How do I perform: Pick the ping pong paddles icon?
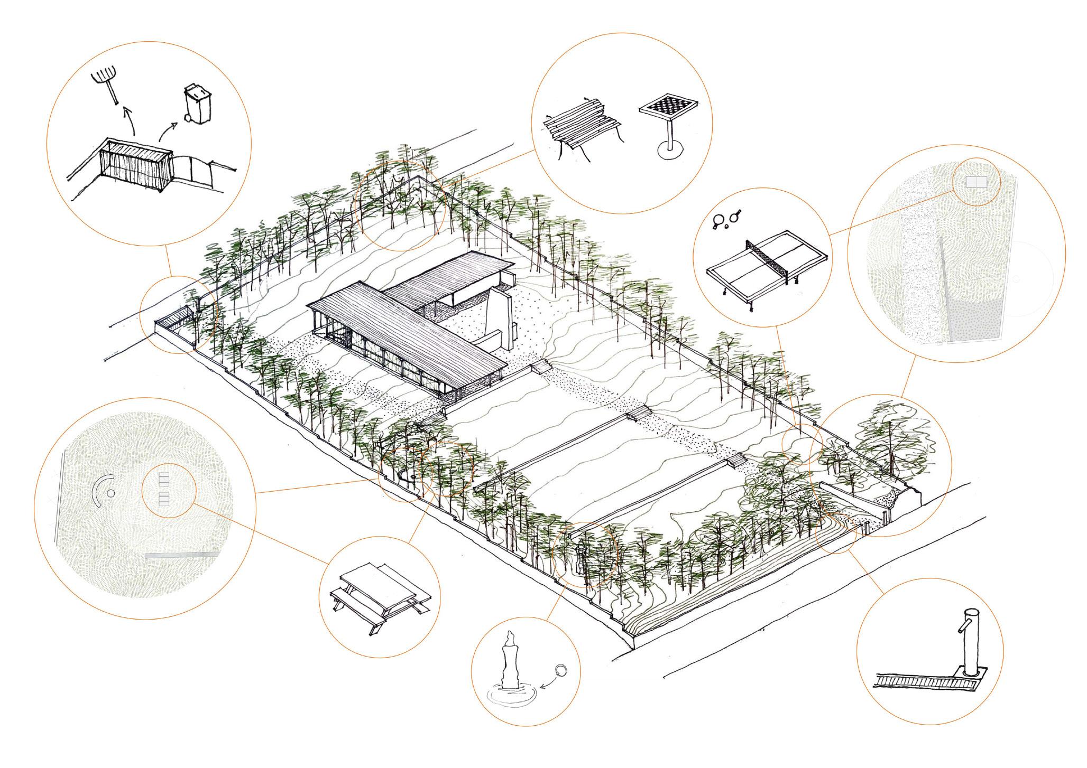(x=727, y=219)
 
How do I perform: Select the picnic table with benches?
(x=379, y=592)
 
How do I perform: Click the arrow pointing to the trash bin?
(x=168, y=130)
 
